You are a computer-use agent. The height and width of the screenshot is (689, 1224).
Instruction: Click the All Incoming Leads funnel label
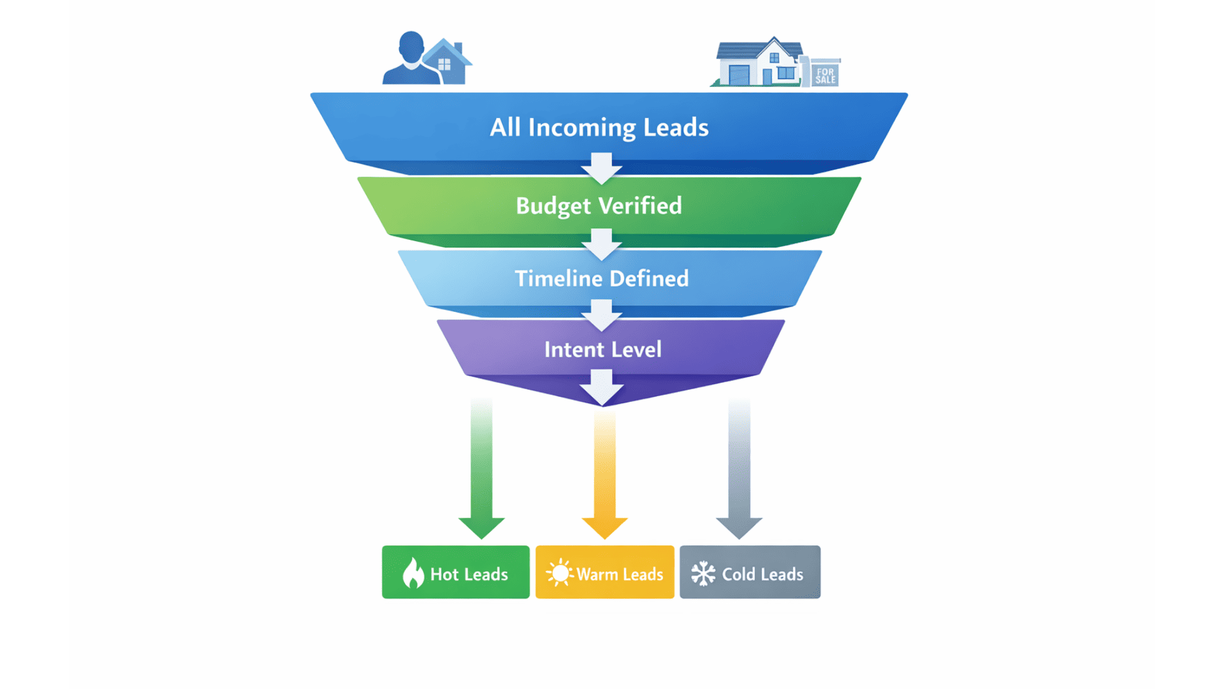(x=599, y=128)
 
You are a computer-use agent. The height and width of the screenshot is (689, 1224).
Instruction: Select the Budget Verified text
(x=599, y=206)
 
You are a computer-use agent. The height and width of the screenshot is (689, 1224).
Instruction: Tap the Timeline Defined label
(x=601, y=279)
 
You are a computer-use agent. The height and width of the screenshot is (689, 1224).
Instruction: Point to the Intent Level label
(x=602, y=350)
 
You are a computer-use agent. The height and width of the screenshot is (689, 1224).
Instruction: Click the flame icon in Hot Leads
(x=413, y=573)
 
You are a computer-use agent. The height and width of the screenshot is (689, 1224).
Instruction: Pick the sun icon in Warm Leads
(x=560, y=573)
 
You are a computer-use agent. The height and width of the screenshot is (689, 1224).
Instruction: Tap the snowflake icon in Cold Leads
(x=703, y=574)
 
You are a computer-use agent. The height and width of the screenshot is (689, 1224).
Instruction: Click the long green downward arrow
(x=481, y=472)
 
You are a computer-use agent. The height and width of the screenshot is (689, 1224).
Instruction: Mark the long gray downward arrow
(x=739, y=472)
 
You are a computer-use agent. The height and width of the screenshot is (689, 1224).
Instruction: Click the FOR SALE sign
(x=825, y=75)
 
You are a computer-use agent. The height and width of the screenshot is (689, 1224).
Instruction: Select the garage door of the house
(x=739, y=75)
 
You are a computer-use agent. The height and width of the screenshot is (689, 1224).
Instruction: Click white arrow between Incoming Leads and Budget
(x=601, y=168)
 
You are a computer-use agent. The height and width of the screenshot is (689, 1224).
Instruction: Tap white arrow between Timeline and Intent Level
(x=601, y=315)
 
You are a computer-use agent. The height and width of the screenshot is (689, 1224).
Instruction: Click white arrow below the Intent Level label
(x=601, y=387)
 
